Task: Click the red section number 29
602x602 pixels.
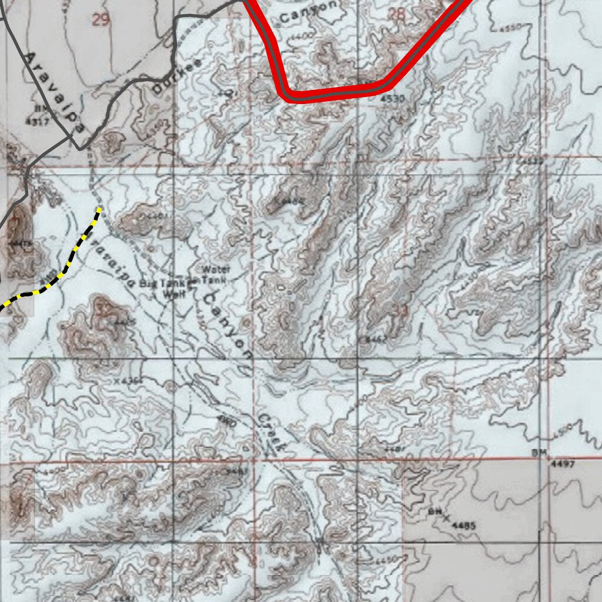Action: (101, 20)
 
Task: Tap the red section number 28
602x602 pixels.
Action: (397, 14)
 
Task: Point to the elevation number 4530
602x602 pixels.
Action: (392, 99)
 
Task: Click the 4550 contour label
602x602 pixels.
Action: (509, 28)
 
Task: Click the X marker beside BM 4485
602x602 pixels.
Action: (446, 517)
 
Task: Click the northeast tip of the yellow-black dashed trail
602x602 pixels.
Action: (99, 209)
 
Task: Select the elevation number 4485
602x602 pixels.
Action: (464, 526)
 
